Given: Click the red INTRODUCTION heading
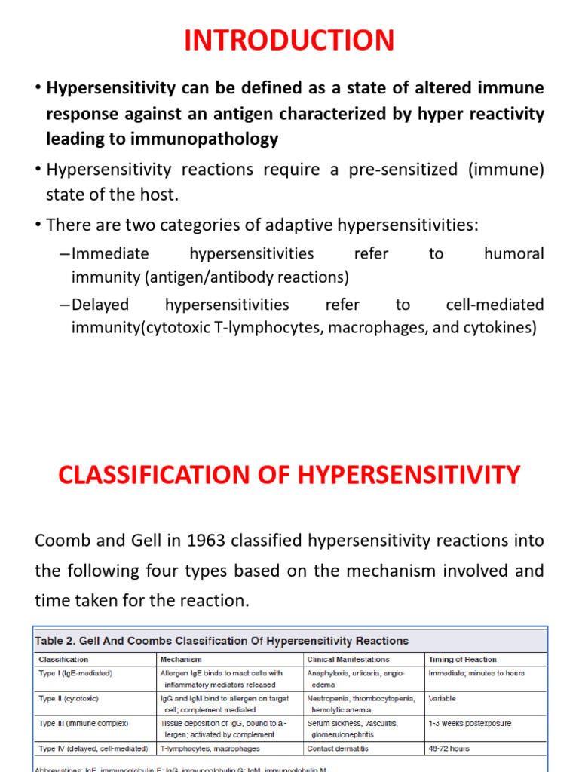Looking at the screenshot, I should click(289, 40).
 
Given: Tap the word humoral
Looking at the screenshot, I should click(513, 253).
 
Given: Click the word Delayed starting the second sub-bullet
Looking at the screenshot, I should click(100, 305).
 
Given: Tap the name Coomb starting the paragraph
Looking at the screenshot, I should click(63, 541).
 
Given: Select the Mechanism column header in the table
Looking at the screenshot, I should click(181, 659).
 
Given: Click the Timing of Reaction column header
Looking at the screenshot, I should click(462, 659).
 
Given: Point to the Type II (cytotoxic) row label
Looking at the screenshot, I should click(69, 698).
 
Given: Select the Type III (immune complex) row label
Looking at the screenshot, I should click(83, 723).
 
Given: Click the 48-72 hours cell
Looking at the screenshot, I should click(449, 749).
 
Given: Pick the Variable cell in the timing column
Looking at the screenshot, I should click(443, 698).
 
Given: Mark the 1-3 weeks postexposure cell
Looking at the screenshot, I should click(470, 723).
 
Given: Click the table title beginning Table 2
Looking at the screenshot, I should click(222, 641).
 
